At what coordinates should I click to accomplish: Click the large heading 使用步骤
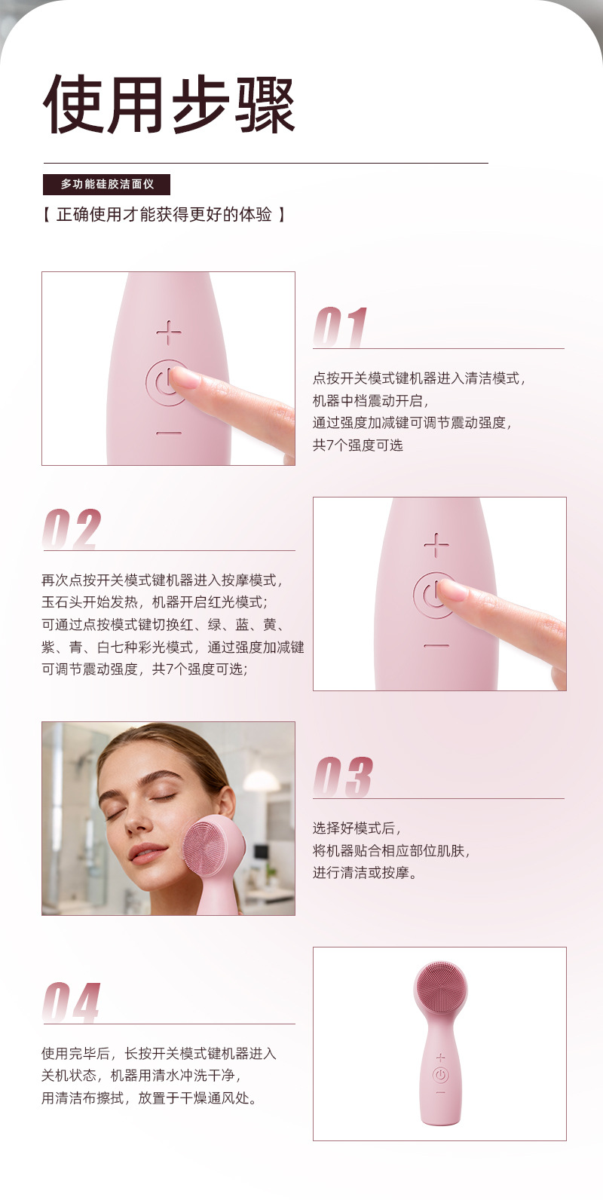point(169,105)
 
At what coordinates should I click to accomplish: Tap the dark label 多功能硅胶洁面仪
point(106,184)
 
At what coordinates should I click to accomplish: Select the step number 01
point(341,327)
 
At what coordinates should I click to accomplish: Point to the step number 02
point(72,528)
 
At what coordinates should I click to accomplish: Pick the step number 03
point(343,777)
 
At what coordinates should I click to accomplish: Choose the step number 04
point(71,1003)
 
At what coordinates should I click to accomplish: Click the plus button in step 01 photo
point(169,332)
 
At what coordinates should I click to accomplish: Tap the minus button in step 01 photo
point(169,433)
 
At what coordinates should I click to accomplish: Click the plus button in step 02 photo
point(436,545)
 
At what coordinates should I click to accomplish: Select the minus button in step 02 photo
point(436,645)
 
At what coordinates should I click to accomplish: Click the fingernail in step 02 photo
point(453,589)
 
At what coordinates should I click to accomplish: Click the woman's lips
point(145,853)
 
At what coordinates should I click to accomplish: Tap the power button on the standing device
point(440,1075)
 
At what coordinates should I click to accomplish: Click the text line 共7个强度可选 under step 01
point(358,445)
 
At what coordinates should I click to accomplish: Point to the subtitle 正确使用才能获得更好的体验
point(164,215)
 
